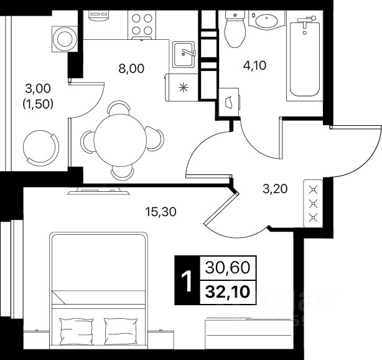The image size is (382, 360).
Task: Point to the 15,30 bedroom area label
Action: (161, 212)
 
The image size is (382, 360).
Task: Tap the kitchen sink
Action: (185, 55)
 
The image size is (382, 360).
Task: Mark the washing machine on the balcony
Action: (63, 37)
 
